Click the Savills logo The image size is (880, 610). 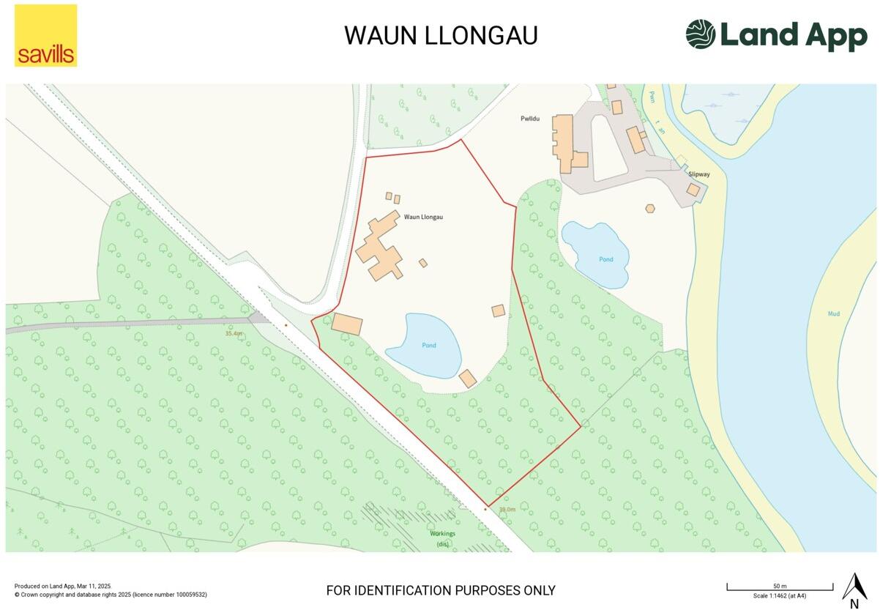point(45,36)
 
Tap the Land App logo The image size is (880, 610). point(776,34)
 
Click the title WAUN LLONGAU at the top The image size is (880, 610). point(441,35)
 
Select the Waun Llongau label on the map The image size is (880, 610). point(424,217)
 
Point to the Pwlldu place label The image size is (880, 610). point(530,119)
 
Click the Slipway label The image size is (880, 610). point(699,174)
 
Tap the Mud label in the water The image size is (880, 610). point(833,314)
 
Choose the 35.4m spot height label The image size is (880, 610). point(234,333)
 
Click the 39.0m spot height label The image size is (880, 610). point(507,509)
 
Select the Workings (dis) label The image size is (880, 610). point(442,538)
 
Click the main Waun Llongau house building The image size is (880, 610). point(379,249)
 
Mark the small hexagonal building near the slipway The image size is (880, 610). point(650,208)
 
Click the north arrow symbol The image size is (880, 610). point(854,589)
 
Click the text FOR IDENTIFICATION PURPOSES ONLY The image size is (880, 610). point(441,590)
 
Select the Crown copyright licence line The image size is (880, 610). point(111,595)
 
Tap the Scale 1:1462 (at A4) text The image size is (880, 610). point(780,596)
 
